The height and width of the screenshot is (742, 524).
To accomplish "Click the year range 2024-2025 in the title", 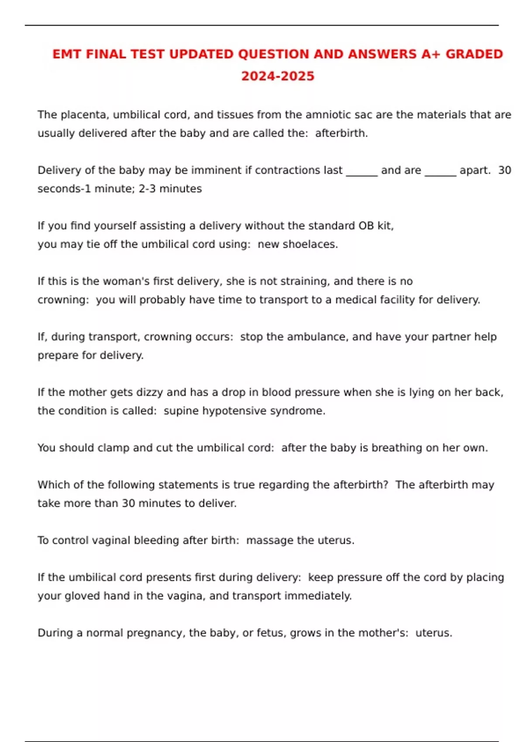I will (278, 76).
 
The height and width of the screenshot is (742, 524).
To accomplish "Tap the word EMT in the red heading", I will (67, 54).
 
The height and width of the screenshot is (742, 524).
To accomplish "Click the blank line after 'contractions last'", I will (362, 171).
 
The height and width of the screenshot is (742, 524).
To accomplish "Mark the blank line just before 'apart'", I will (440, 171).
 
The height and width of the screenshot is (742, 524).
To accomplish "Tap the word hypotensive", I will (234, 411).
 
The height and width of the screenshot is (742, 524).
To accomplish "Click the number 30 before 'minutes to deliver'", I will (128, 503).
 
